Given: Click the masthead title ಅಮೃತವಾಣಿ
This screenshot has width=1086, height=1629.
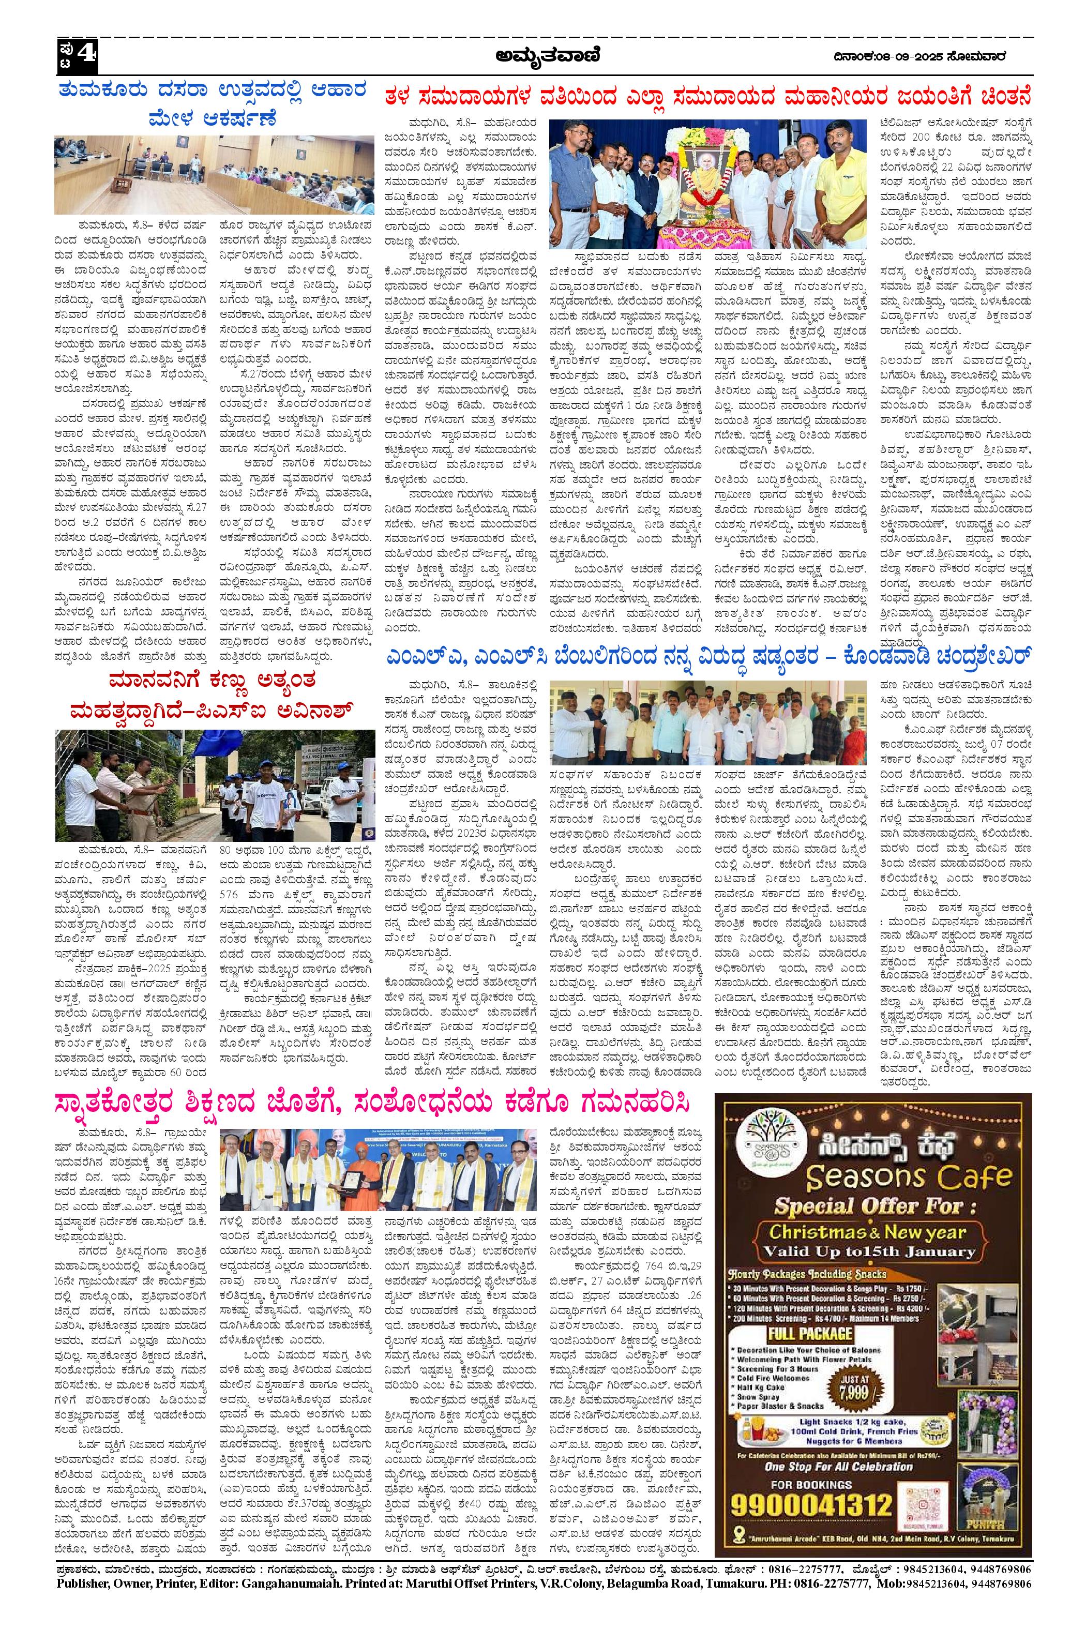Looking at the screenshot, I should point(547,56).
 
